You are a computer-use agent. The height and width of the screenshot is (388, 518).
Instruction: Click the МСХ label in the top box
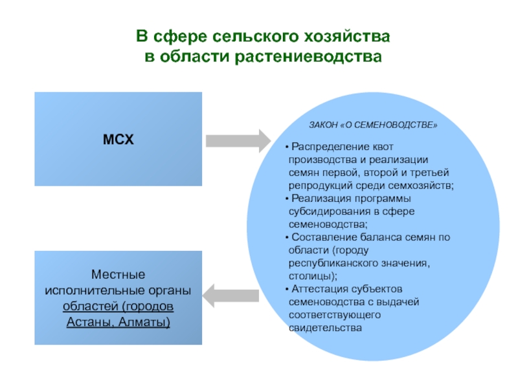(x=118, y=139)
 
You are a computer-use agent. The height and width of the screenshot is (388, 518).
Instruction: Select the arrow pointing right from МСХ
(x=238, y=141)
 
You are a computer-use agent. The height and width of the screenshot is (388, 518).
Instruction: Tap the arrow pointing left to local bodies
(x=231, y=296)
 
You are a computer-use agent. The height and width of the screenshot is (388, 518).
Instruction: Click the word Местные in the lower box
(x=118, y=274)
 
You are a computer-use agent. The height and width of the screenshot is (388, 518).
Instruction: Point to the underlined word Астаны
(x=91, y=321)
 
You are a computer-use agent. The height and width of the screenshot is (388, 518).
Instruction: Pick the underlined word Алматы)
(x=144, y=321)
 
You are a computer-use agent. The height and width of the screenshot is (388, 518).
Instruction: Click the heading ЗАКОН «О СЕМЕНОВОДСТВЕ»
(x=373, y=125)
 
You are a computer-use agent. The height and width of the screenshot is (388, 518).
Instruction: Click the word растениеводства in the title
(x=309, y=56)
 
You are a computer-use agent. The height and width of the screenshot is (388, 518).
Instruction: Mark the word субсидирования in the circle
(x=330, y=211)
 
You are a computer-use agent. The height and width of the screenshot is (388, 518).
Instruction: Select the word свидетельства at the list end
(x=325, y=328)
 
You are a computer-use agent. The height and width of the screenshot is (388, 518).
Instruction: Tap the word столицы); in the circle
(x=313, y=276)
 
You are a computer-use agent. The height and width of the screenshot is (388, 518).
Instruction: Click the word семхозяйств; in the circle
(x=421, y=186)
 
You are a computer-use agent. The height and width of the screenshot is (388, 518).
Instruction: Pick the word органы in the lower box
(x=170, y=290)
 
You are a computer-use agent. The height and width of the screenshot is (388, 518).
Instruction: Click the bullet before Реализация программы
(x=287, y=199)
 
